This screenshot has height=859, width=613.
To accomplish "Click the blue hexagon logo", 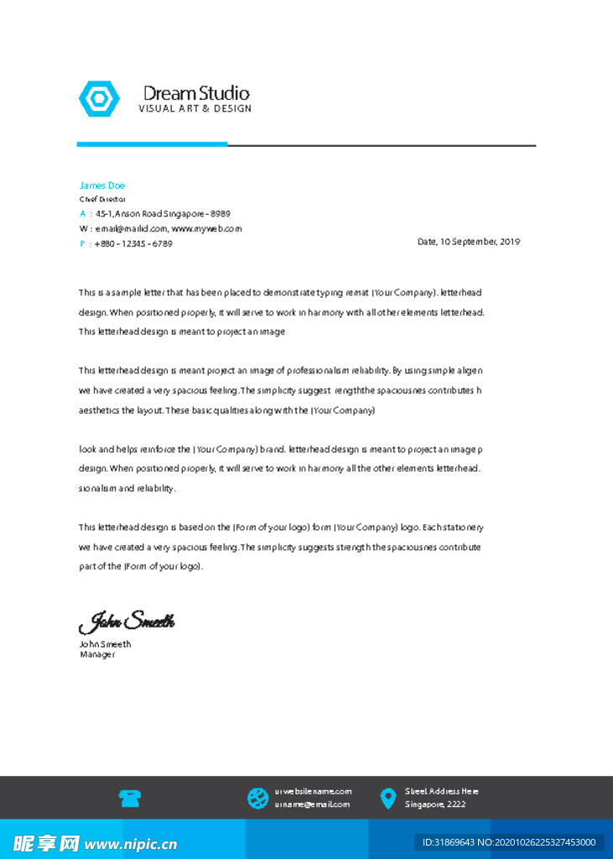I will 99,99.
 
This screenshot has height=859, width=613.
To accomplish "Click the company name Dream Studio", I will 196,93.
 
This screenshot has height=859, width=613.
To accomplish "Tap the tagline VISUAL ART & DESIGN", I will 195,109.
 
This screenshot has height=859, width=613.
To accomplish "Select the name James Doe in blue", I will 101,185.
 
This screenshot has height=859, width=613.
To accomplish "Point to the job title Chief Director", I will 101,200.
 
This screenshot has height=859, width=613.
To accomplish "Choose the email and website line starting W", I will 160,228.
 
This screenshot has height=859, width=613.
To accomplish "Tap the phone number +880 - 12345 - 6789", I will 133,243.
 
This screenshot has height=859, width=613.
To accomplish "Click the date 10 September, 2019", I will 469,242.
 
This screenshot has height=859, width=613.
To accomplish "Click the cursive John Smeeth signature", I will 127,622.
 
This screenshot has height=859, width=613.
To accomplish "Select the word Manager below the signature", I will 97,654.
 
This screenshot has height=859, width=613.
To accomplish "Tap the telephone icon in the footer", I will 129,799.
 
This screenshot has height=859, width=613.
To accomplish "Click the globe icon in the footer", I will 257,799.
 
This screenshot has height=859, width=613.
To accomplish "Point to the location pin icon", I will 387,799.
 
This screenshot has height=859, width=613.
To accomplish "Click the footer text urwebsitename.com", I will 313,791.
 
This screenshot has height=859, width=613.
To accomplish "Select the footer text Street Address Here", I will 442,791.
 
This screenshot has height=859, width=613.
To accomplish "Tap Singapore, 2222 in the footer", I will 435,804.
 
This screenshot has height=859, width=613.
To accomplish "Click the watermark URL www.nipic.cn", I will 131,844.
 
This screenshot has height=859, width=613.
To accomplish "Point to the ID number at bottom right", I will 508,842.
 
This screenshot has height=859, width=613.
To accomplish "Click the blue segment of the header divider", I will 152,144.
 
